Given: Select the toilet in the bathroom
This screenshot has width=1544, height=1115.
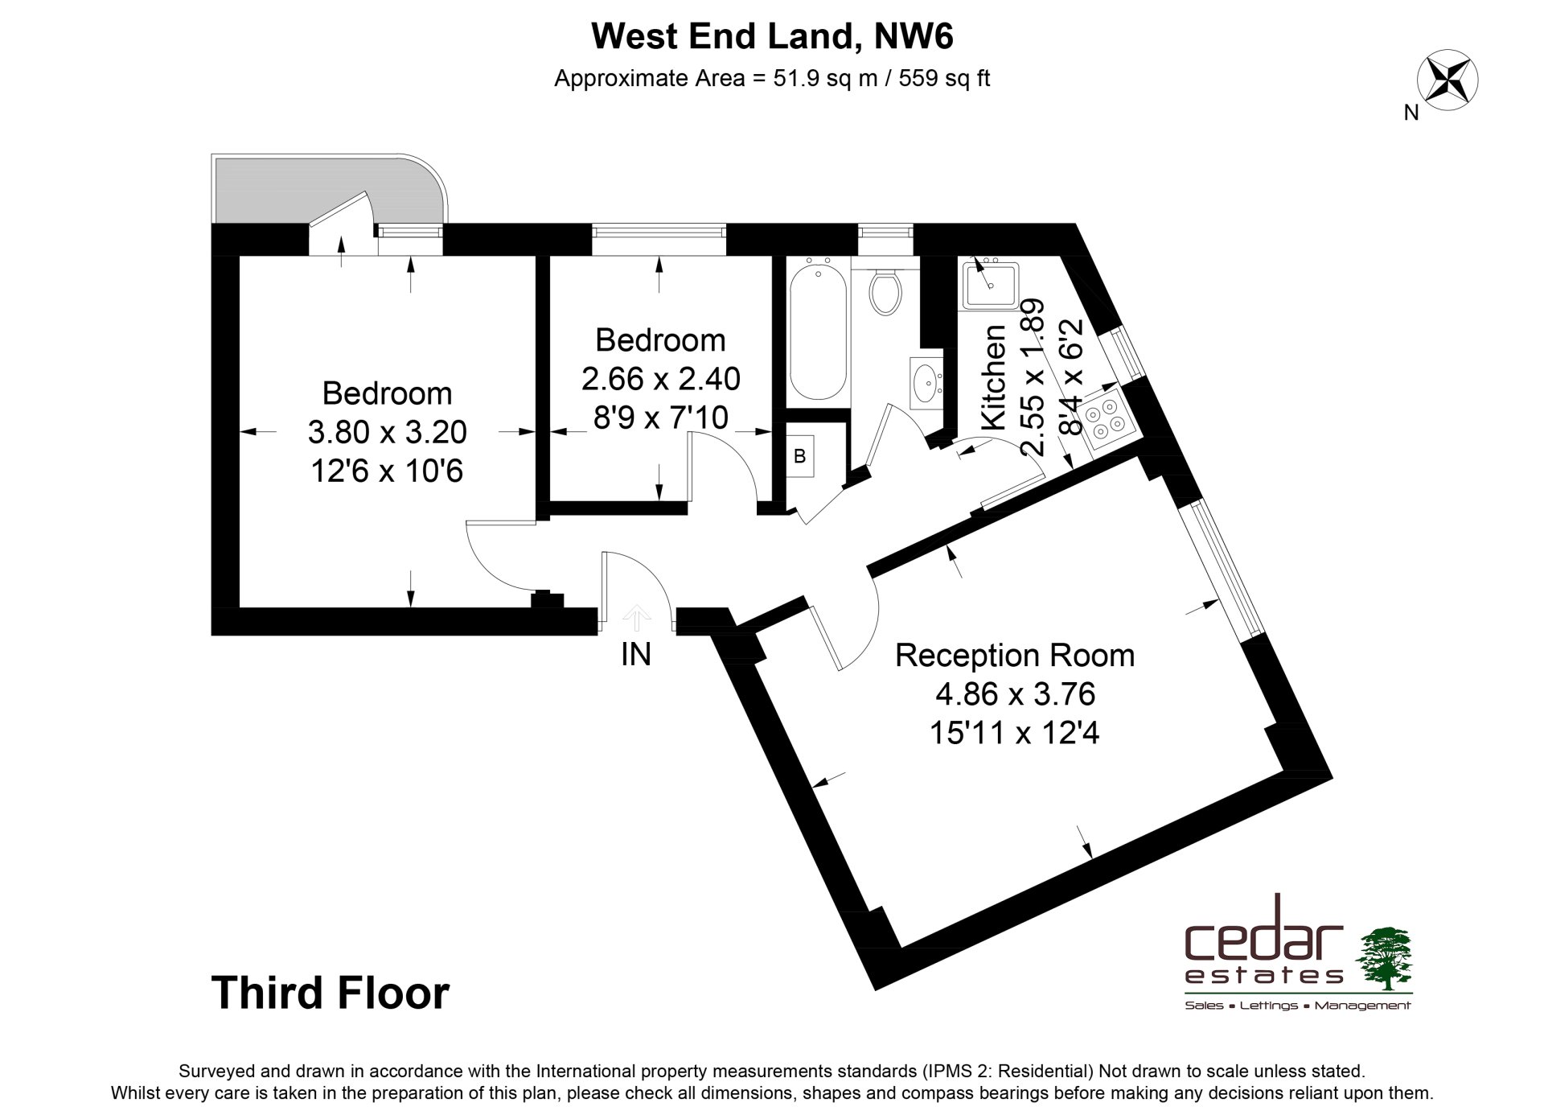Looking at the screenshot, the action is click(886, 291).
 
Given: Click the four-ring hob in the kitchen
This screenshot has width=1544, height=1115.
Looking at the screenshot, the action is click(1107, 419).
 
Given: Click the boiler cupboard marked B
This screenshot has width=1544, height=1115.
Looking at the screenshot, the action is click(800, 457).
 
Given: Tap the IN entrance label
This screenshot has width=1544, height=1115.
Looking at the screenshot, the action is click(635, 655).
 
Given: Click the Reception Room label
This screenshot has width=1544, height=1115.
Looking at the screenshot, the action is click(1015, 655).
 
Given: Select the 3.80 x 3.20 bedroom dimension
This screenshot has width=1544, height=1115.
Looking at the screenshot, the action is click(387, 432).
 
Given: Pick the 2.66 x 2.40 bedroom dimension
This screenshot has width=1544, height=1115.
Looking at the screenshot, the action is click(661, 378).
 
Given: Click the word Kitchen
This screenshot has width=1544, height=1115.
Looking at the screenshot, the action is click(995, 376).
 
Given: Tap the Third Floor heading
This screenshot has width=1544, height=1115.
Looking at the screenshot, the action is click(331, 993).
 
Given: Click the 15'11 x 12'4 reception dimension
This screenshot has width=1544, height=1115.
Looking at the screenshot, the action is click(1014, 733).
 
